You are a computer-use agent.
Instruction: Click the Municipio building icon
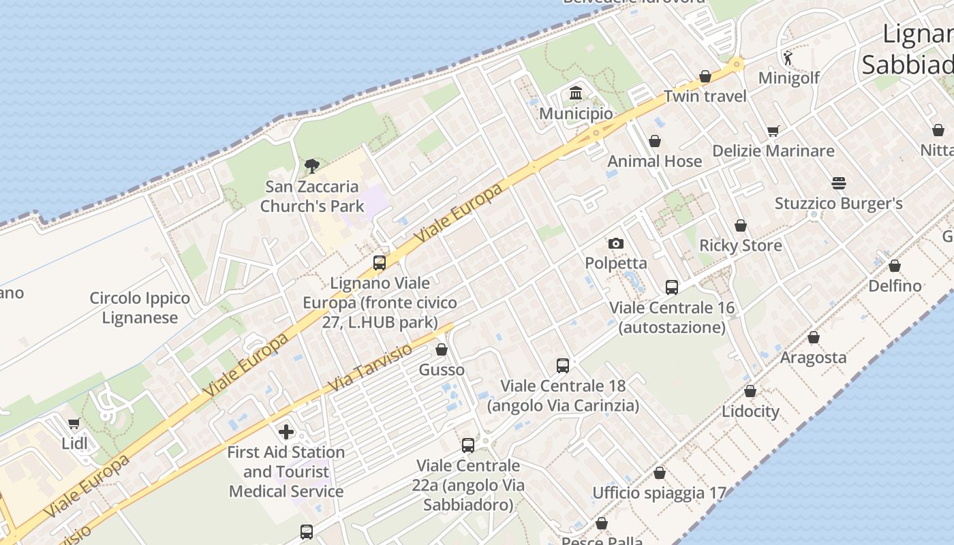[576, 93]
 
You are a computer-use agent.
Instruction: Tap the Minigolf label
[788, 78]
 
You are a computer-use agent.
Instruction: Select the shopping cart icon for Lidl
[74, 424]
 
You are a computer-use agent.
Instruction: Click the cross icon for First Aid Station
[286, 431]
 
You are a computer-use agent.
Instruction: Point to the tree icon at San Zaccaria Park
[312, 166]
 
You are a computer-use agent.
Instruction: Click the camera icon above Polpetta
[615, 243]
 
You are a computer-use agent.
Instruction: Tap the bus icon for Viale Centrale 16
[672, 287]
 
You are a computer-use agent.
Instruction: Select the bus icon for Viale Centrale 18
[563, 366]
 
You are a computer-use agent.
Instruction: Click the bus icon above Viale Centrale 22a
[467, 446]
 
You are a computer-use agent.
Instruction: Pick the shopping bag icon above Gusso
[442, 350]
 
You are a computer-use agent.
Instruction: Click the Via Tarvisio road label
[370, 368]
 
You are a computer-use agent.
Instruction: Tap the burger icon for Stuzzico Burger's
[838, 183]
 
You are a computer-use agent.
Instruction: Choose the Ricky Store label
[741, 245]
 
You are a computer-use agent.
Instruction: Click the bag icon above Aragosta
[813, 337]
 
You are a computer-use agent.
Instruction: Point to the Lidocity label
[750, 411]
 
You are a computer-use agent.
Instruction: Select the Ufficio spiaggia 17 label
[659, 493]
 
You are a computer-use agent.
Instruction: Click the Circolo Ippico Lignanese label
[140, 308]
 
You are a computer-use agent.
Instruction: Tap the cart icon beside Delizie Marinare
[773, 131]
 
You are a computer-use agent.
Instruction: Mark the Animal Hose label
[654, 161]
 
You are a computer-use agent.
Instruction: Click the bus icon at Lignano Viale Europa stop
[380, 263]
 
